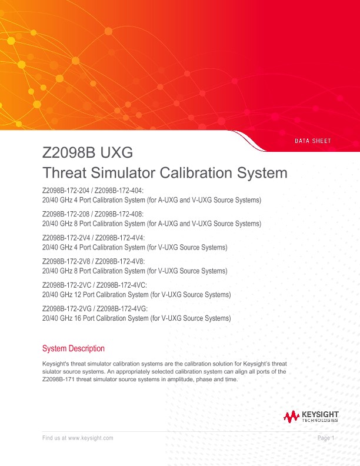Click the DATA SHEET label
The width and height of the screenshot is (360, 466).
point(312,141)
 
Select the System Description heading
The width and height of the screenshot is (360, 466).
point(74,348)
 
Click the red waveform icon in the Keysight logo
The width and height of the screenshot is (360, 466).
point(291,417)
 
